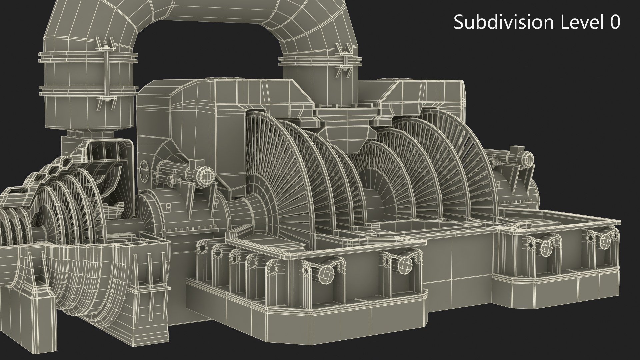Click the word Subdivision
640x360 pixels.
(x=502, y=23)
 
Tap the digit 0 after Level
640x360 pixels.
(x=614, y=23)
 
